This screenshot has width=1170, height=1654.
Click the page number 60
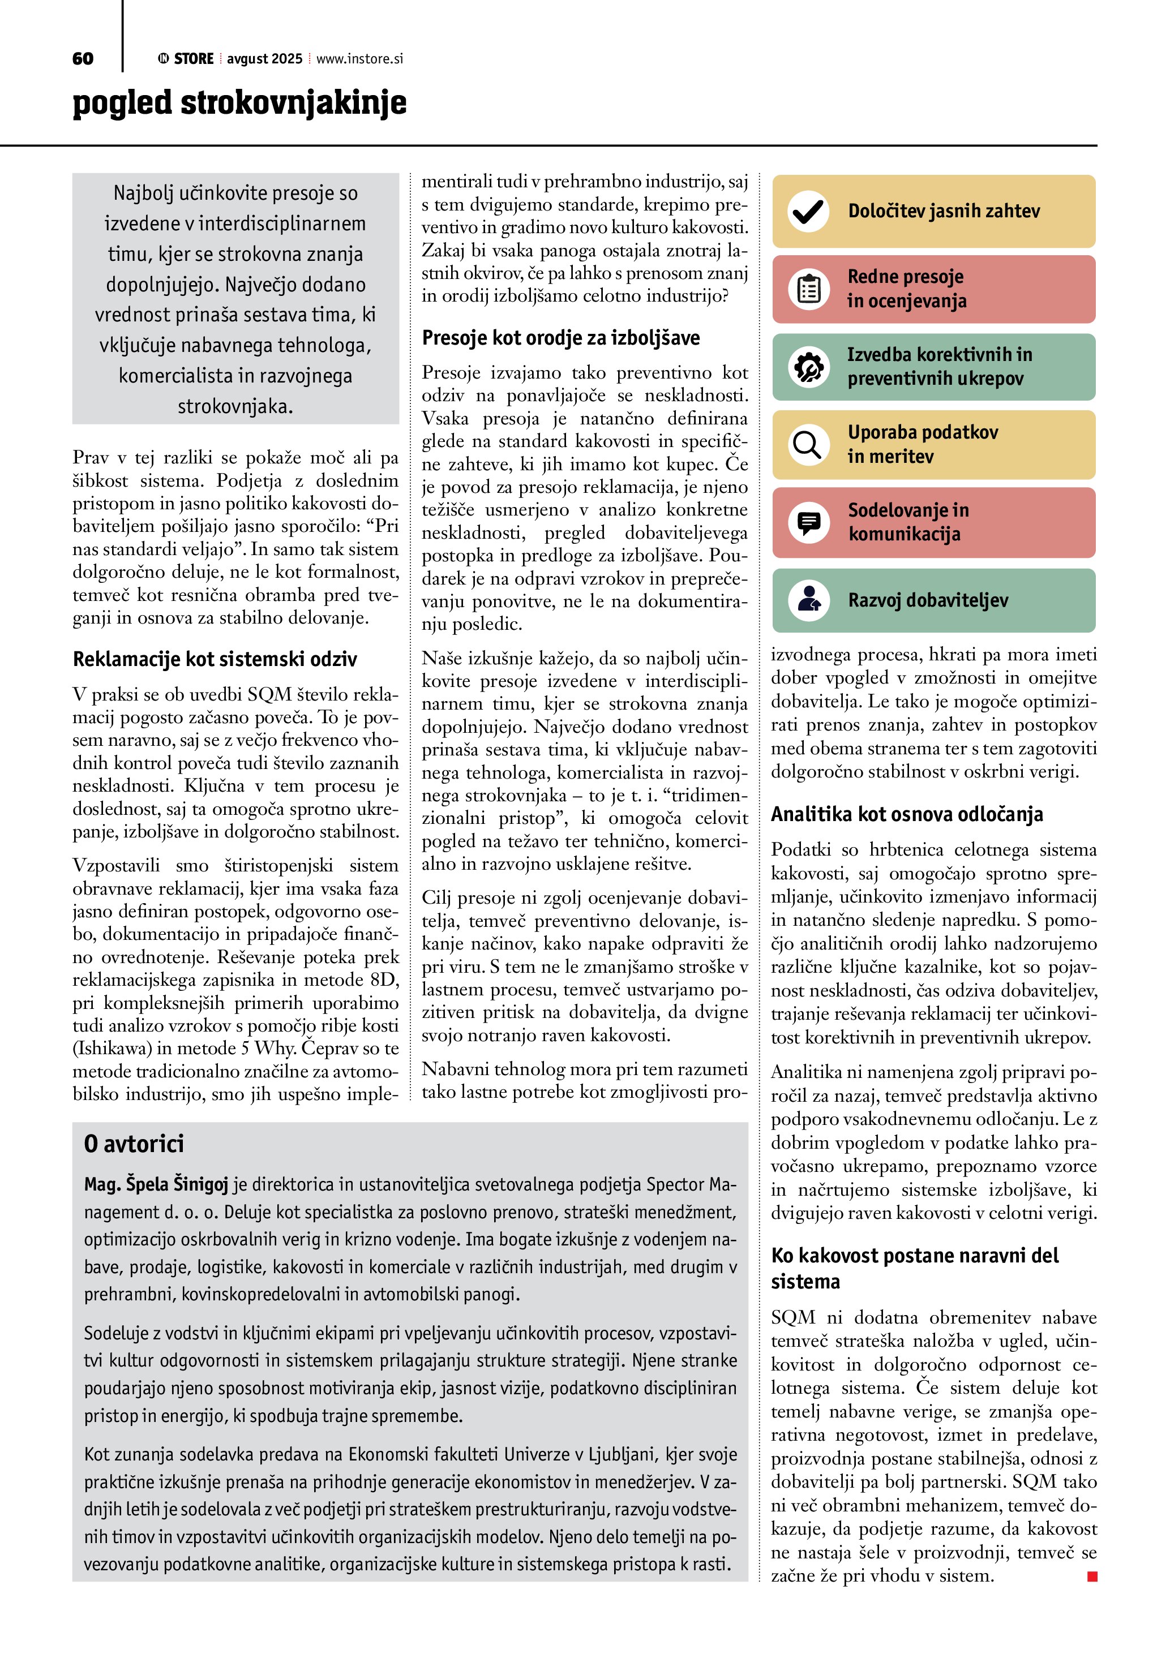point(83,58)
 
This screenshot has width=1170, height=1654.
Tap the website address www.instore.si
point(359,59)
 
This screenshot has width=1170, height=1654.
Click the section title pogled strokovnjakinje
point(239,103)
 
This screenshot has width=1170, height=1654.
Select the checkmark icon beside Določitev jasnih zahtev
point(808,211)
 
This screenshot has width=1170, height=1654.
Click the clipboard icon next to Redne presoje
point(808,289)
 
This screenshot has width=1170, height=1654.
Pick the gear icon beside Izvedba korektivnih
point(808,367)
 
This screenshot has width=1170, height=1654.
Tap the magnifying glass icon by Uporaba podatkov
point(808,444)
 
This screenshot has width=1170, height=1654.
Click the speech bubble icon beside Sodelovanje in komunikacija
point(808,522)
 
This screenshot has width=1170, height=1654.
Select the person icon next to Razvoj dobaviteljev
point(808,600)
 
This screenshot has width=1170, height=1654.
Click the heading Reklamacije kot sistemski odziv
point(215,659)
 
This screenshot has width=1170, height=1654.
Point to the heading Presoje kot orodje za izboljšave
point(560,338)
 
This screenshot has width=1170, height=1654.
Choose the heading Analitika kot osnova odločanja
point(906,814)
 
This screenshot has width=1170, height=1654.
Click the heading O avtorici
point(134,1144)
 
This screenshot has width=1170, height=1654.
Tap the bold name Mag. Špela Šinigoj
point(156,1184)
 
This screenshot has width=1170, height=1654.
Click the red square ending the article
point(1092,1577)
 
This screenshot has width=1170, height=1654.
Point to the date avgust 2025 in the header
point(264,59)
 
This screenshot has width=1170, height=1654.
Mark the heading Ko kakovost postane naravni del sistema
point(914,1268)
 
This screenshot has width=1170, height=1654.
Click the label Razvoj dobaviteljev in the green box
point(928,600)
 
